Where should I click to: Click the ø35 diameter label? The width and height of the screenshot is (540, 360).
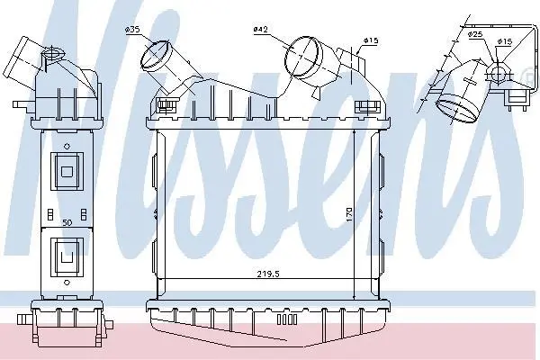pos(132,30)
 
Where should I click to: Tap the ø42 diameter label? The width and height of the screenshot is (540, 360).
pos(260,30)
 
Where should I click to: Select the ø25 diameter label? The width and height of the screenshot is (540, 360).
pos(475,34)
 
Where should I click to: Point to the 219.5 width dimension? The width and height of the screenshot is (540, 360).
pos(268,274)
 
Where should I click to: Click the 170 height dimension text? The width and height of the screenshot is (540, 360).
pos(349,214)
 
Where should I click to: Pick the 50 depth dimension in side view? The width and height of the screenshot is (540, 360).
pos(67,222)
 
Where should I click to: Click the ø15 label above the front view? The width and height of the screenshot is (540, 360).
pos(371,40)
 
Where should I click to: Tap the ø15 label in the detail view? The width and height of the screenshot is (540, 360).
pos(505,41)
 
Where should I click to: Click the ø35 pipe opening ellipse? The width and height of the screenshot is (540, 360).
pos(155,54)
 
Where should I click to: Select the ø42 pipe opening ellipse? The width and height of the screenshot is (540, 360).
pos(301,56)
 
